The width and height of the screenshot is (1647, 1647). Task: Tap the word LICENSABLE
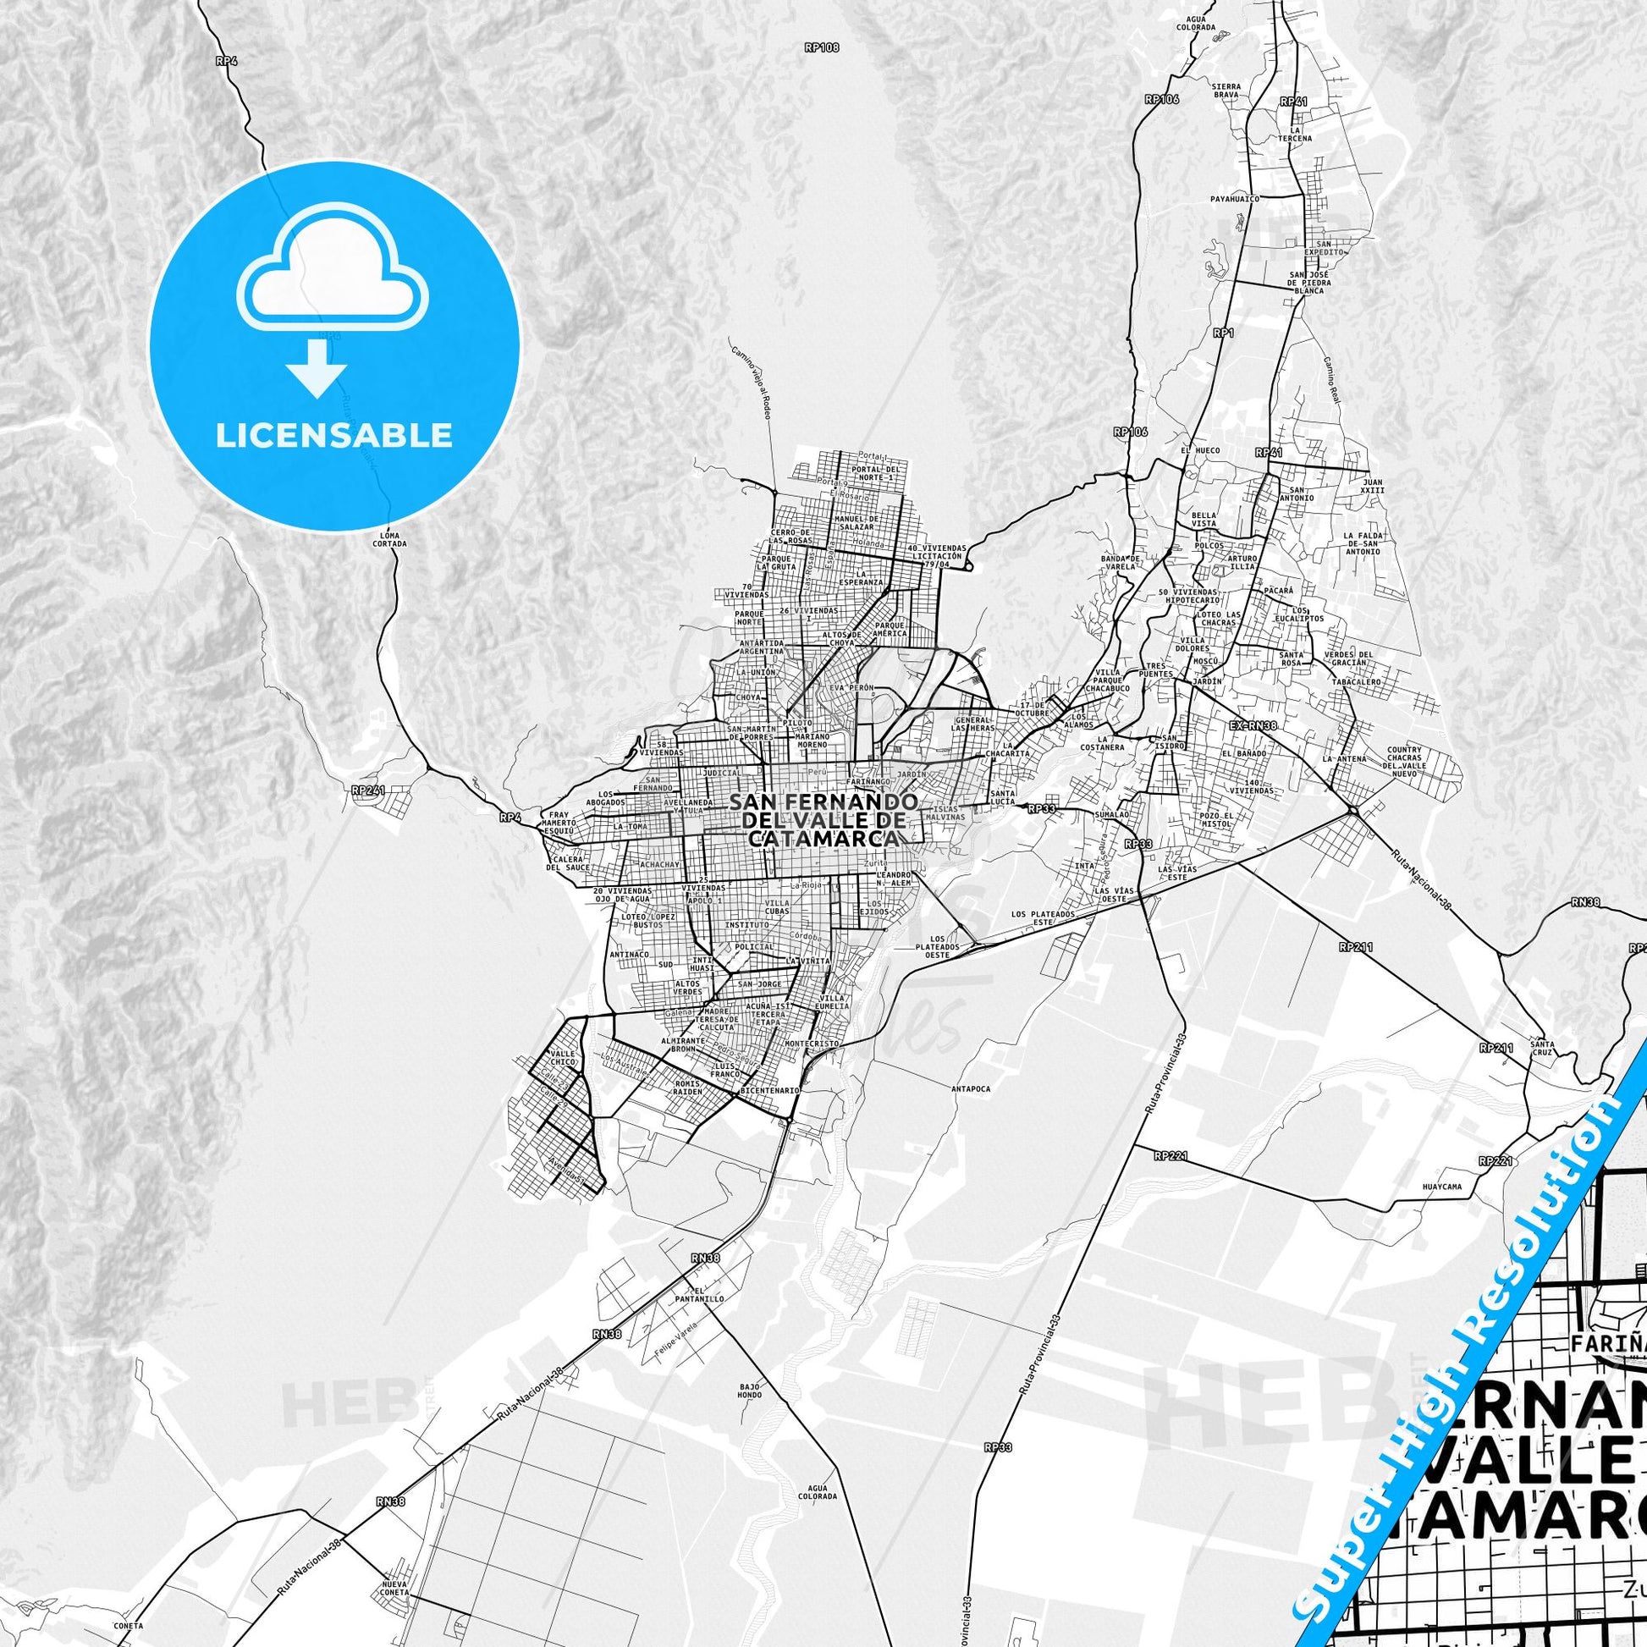[334, 436]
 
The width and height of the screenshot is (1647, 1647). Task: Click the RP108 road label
[822, 48]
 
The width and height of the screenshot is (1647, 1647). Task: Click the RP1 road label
[1224, 333]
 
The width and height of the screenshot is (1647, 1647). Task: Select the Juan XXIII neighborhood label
[1373, 486]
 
